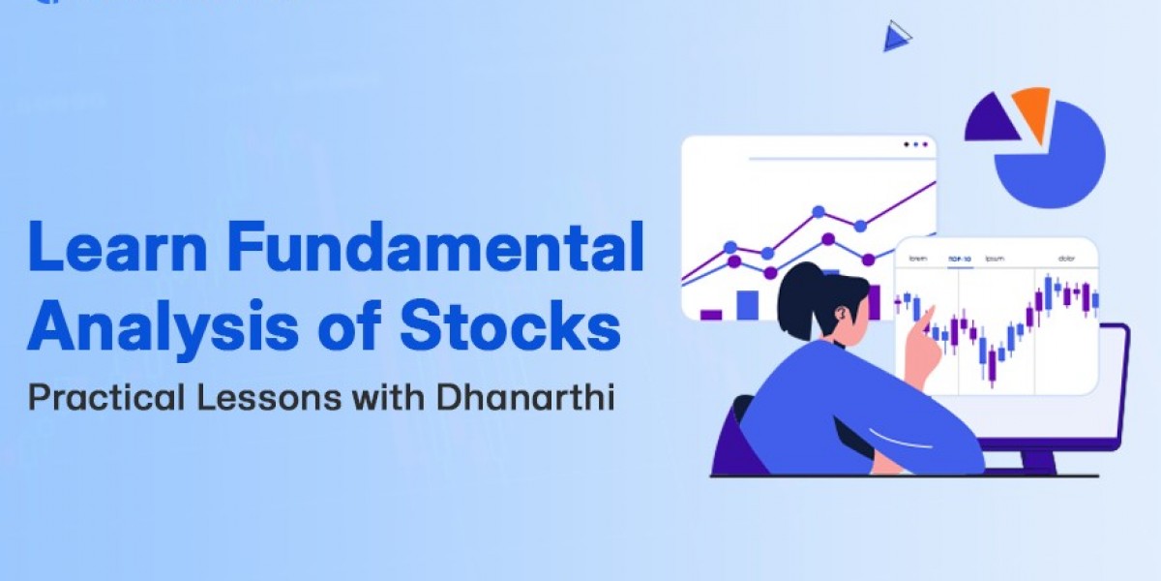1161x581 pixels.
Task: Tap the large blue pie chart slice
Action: (1055, 160)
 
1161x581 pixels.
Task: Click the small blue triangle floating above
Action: (895, 38)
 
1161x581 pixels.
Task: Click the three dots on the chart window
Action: (914, 145)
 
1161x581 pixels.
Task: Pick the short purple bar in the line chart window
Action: (711, 314)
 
